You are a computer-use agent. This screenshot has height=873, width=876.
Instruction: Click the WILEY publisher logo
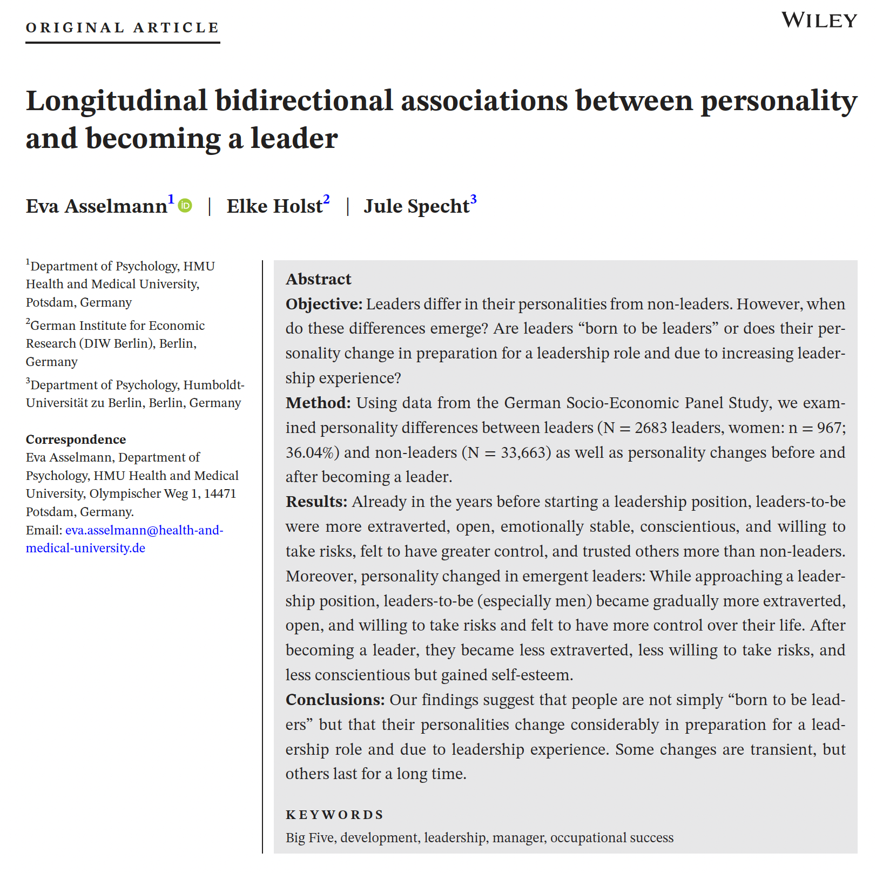819,21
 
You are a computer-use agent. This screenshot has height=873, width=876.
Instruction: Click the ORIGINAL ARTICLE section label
123,28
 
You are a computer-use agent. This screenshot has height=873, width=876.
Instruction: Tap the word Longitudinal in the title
117,101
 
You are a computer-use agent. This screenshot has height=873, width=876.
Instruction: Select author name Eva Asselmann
97,206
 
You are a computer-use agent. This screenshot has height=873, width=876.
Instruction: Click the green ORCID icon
185,206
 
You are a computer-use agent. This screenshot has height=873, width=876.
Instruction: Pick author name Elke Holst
274,206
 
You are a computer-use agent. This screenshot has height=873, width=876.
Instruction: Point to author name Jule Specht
416,206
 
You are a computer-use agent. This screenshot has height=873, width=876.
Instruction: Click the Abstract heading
319,279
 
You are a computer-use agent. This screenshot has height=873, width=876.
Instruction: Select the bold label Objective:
324,304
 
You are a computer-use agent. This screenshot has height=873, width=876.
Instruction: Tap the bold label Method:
318,403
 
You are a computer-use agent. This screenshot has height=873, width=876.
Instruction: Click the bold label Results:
316,502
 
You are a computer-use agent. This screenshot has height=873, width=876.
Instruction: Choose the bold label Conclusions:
335,700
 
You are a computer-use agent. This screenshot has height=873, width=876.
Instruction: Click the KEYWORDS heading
335,814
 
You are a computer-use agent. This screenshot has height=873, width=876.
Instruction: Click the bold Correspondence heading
76,439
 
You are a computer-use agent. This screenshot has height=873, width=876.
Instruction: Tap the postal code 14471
220,493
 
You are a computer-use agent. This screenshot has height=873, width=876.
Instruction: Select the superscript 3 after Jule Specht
473,200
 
